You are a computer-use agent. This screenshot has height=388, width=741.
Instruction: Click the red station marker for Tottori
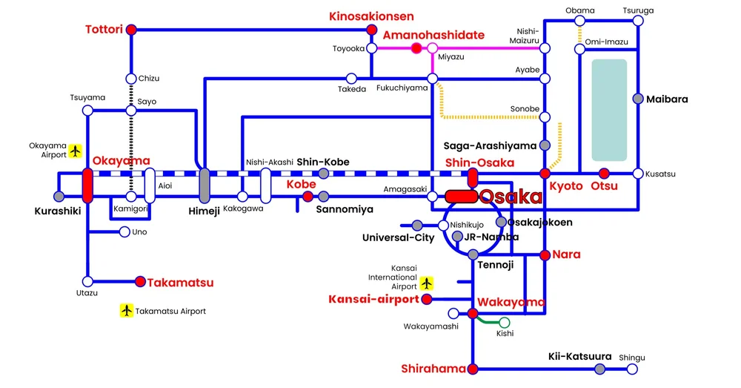tap(131, 30)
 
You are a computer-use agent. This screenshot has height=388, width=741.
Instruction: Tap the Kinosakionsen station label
tap(371, 16)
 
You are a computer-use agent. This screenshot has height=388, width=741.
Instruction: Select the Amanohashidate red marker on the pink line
tap(416, 49)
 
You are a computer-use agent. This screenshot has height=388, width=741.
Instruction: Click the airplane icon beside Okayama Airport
tap(75, 151)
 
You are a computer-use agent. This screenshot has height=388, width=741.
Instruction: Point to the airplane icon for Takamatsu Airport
tap(127, 311)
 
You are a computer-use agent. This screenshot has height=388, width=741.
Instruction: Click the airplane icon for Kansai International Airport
tap(426, 283)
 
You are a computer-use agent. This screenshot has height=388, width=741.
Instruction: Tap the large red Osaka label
tap(511, 197)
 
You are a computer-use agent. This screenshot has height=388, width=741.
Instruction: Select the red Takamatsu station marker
tap(140, 282)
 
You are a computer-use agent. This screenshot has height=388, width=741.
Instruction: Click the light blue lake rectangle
tap(609, 111)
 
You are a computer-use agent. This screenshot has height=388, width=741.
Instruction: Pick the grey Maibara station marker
tap(638, 99)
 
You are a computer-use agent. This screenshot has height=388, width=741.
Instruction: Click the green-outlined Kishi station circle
tap(505, 322)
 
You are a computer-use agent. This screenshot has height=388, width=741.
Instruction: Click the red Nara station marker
tap(545, 255)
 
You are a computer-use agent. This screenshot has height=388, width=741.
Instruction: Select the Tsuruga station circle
tap(638, 21)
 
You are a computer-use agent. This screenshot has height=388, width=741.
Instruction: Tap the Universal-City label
tap(398, 238)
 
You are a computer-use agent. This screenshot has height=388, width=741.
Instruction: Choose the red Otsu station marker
tap(604, 174)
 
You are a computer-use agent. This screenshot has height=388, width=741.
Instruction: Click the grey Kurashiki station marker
tap(59, 197)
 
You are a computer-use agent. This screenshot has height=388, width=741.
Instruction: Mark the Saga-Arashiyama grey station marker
tap(545, 145)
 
